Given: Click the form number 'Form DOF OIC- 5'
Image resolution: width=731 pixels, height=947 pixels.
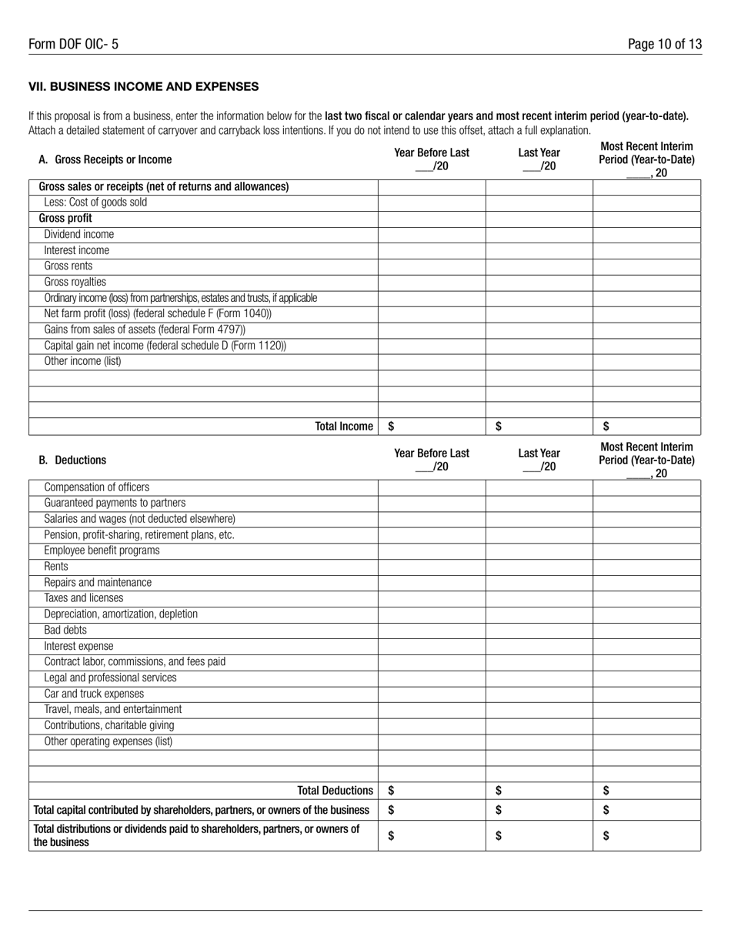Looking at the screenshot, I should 74,45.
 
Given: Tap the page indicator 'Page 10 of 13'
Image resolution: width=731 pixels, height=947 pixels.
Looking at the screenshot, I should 664,45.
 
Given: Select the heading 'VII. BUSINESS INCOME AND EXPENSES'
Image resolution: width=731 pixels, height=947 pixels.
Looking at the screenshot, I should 143,86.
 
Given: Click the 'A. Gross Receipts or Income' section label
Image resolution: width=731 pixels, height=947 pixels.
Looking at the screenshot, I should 105,160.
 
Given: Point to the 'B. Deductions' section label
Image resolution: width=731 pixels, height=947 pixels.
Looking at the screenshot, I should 72,460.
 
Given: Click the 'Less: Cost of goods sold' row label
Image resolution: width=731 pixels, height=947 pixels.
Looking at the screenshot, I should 95,202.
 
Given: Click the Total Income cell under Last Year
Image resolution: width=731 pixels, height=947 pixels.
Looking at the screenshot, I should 539,427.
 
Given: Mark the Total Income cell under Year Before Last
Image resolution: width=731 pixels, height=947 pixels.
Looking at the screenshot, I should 432,427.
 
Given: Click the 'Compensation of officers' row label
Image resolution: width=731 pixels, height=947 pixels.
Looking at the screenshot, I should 97,487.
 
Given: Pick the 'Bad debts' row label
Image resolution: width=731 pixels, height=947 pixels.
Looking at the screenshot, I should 65,630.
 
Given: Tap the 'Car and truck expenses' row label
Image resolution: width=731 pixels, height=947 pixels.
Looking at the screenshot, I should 94,694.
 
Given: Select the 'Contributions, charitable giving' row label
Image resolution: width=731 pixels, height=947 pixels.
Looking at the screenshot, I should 109,725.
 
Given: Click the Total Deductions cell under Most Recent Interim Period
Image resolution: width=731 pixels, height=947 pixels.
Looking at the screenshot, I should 646,791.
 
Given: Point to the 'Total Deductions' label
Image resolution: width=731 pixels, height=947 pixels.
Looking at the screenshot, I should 335,791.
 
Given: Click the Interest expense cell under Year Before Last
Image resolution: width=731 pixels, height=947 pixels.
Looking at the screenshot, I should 432,646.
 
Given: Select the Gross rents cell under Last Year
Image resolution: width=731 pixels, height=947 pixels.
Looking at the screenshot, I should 539,266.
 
